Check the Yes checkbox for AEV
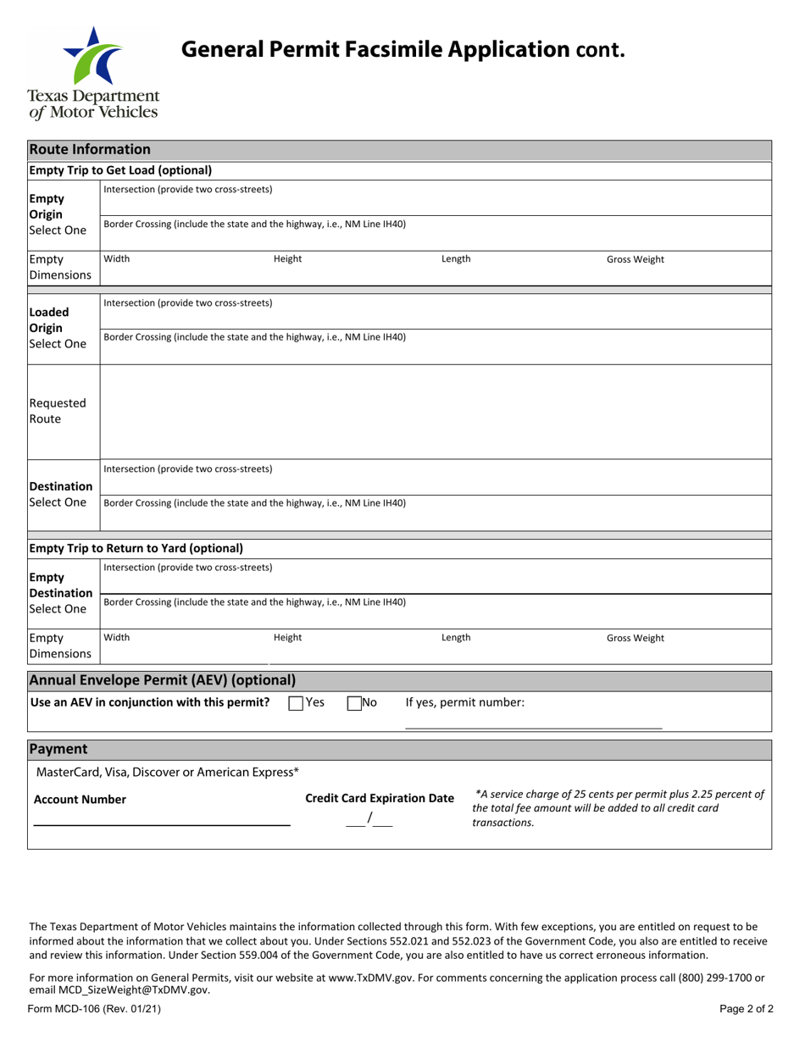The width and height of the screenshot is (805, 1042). [296, 702]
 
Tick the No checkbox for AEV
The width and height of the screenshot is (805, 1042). [354, 702]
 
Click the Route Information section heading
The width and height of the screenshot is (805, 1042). [90, 150]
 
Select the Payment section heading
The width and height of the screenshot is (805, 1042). [58, 750]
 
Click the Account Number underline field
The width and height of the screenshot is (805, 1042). [161, 818]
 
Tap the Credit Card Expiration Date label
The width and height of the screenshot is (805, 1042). [380, 799]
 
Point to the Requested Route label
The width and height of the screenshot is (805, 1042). [58, 411]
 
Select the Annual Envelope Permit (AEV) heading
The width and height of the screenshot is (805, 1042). [163, 680]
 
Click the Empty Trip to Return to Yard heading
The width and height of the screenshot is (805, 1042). [136, 548]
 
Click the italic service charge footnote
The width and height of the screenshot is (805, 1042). [618, 808]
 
